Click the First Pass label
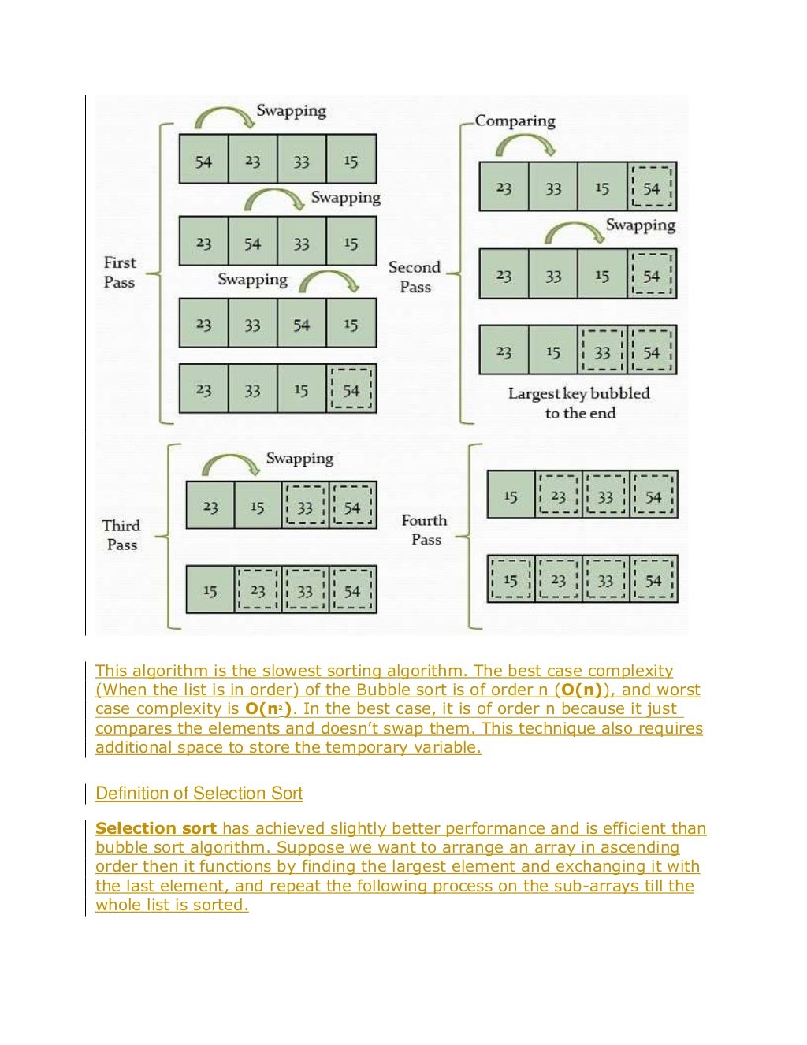point(120,272)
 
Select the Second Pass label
point(415,277)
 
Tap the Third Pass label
point(121,535)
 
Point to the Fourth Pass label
point(425,530)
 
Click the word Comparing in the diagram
point(515,121)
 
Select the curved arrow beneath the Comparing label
point(526,144)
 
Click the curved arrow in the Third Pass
point(230,464)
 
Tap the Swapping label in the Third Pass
point(299,458)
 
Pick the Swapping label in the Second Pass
point(641,225)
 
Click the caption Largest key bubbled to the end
point(579,403)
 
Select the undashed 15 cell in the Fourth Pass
point(511,496)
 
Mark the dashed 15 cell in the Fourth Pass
point(511,580)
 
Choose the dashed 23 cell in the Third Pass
point(258,590)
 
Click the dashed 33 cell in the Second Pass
point(603,351)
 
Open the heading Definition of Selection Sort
point(199,794)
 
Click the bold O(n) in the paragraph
point(582,690)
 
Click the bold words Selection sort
point(156,828)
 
